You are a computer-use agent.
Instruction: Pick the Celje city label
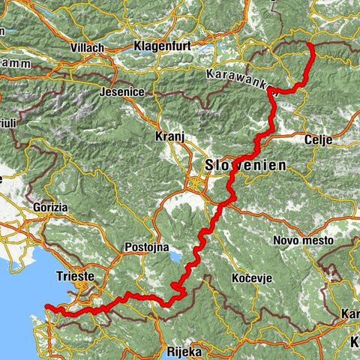click(318, 139)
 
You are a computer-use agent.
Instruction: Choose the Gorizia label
click(49, 206)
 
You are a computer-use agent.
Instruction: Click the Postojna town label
click(147, 247)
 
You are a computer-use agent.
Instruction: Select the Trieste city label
click(74, 277)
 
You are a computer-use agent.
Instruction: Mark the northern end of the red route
click(310, 45)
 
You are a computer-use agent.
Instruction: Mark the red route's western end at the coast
click(46, 306)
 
